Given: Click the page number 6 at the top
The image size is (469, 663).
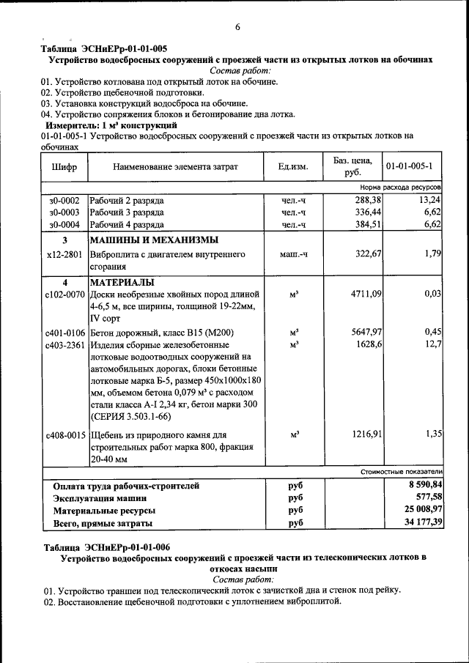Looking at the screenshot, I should pyautogui.click(x=237, y=27).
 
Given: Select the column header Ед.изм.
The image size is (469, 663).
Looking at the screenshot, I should pyautogui.click(x=292, y=166).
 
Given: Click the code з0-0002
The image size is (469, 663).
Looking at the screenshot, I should pyautogui.click(x=64, y=200).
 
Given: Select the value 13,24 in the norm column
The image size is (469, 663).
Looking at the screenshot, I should pyautogui.click(x=429, y=200).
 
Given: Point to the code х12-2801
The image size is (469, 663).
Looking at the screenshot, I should pyautogui.click(x=64, y=253).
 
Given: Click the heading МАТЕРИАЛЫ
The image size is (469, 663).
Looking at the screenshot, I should pyautogui.click(x=122, y=282).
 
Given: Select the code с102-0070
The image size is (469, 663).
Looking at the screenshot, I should pyautogui.click(x=65, y=295).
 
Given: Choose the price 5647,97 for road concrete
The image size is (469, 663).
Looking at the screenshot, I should pyautogui.click(x=366, y=332).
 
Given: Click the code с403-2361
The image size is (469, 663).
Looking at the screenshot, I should pyautogui.click(x=65, y=344).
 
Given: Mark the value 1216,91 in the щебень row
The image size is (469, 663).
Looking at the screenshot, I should pyautogui.click(x=366, y=434).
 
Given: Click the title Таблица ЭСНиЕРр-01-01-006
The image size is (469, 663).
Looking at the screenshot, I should pyautogui.click(x=107, y=547).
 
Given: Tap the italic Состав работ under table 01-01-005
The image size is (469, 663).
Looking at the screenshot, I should pyautogui.click(x=240, y=71).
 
